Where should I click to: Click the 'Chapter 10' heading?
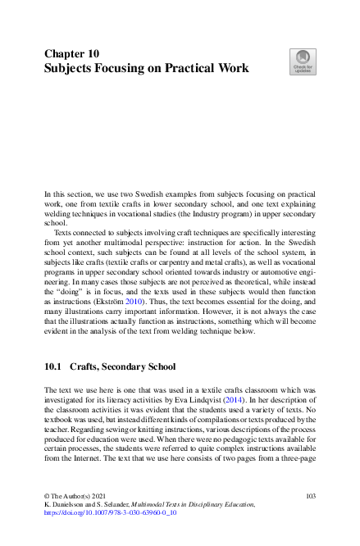(x=71, y=52)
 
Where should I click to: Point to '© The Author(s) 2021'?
(x=78, y=497)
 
